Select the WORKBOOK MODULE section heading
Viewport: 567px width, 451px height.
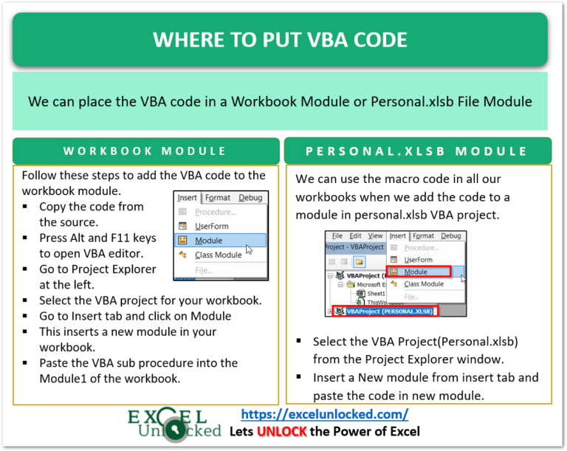(145, 151)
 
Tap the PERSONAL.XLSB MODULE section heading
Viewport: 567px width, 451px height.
(417, 151)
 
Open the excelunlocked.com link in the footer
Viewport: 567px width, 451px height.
(325, 414)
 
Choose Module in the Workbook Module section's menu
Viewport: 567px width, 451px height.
(209, 241)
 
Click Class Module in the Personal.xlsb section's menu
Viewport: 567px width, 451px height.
(424, 283)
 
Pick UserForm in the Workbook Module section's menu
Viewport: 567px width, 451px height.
(211, 226)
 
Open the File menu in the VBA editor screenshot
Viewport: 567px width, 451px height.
(337, 236)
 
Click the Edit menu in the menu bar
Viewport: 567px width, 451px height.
(357, 236)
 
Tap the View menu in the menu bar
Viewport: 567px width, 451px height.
(376, 236)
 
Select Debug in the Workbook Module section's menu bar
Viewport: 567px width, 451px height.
(250, 198)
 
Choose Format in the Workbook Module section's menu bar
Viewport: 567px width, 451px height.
(218, 198)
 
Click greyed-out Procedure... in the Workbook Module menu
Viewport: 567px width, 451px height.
(215, 212)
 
